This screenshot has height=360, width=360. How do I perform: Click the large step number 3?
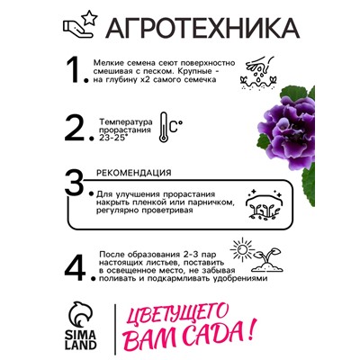tap(81, 184)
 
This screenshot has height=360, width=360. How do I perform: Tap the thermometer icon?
tap(167, 127)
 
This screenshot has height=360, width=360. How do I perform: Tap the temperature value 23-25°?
tap(112, 138)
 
